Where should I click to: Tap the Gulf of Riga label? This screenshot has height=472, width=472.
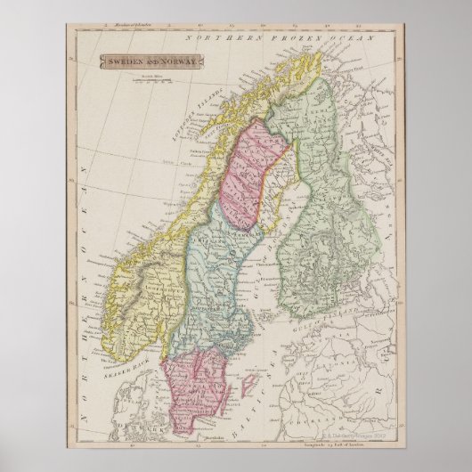[x=312, y=365]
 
